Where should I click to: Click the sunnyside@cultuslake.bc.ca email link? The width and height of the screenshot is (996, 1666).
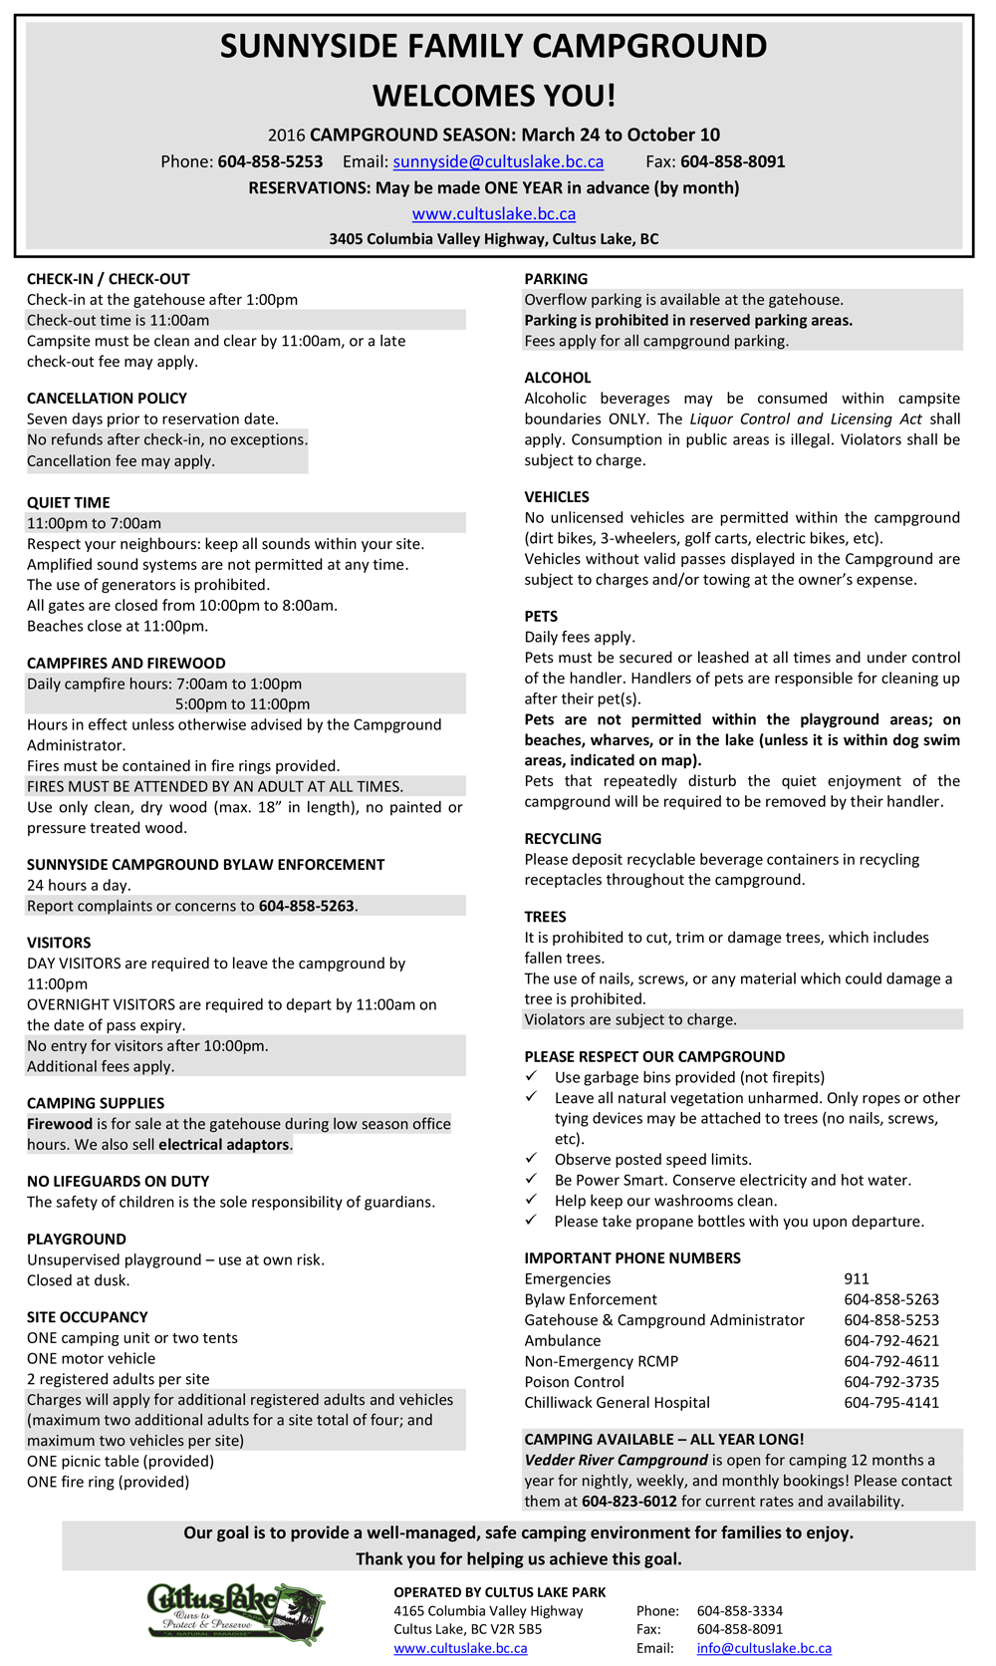click(498, 161)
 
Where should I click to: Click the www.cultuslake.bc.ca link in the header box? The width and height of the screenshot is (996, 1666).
click(494, 213)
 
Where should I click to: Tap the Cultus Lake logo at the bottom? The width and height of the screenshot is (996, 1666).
click(236, 1613)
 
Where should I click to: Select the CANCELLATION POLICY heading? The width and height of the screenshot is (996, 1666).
click(107, 399)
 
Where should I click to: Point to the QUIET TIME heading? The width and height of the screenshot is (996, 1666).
click(69, 502)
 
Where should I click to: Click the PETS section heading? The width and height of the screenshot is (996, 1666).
click(541, 616)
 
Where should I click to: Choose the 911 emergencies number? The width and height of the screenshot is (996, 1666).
click(857, 1278)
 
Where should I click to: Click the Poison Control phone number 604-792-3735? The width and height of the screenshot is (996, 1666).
click(891, 1382)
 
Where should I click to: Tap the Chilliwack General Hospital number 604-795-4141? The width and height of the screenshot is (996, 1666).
click(891, 1402)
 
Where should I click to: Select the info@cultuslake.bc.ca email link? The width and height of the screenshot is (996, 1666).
click(764, 1648)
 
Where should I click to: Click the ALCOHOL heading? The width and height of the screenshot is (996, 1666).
click(558, 378)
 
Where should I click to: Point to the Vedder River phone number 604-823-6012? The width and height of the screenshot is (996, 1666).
click(629, 1502)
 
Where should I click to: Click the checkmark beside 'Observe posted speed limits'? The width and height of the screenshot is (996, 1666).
click(532, 1159)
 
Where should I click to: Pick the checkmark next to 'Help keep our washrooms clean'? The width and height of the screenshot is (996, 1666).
click(532, 1200)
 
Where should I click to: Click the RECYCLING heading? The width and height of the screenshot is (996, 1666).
click(563, 839)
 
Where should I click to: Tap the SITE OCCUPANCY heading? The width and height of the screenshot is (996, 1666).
click(88, 1317)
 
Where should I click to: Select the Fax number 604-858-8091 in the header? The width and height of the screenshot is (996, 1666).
click(733, 161)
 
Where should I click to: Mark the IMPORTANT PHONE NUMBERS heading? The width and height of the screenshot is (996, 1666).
click(632, 1257)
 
